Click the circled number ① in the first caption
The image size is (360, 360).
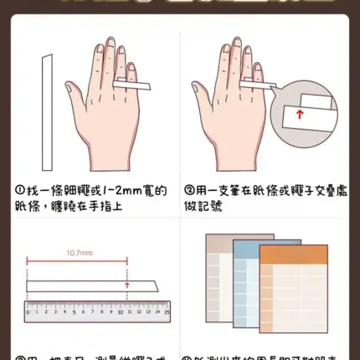(x=19, y=192)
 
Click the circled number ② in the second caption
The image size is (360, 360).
(x=190, y=192)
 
